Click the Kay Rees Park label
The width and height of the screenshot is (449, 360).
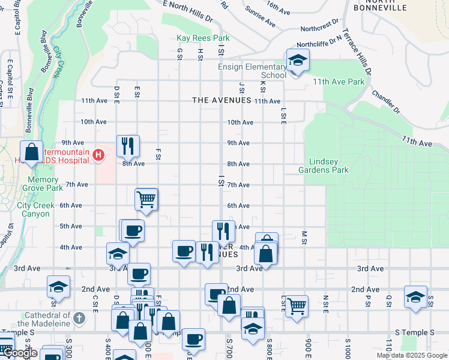(203, 38)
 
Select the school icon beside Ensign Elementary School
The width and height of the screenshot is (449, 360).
(297, 61)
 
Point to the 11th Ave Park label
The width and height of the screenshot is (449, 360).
(338, 81)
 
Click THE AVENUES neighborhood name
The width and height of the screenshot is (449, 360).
(221, 100)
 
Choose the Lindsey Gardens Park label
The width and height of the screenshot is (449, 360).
(328, 166)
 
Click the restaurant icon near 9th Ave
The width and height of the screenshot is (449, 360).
(128, 145)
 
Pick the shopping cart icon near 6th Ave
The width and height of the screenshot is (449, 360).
(146, 199)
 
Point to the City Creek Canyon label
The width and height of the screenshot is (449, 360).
(35, 209)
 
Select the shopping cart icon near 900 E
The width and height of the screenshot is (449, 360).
(297, 305)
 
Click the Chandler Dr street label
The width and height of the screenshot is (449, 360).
(385, 102)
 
